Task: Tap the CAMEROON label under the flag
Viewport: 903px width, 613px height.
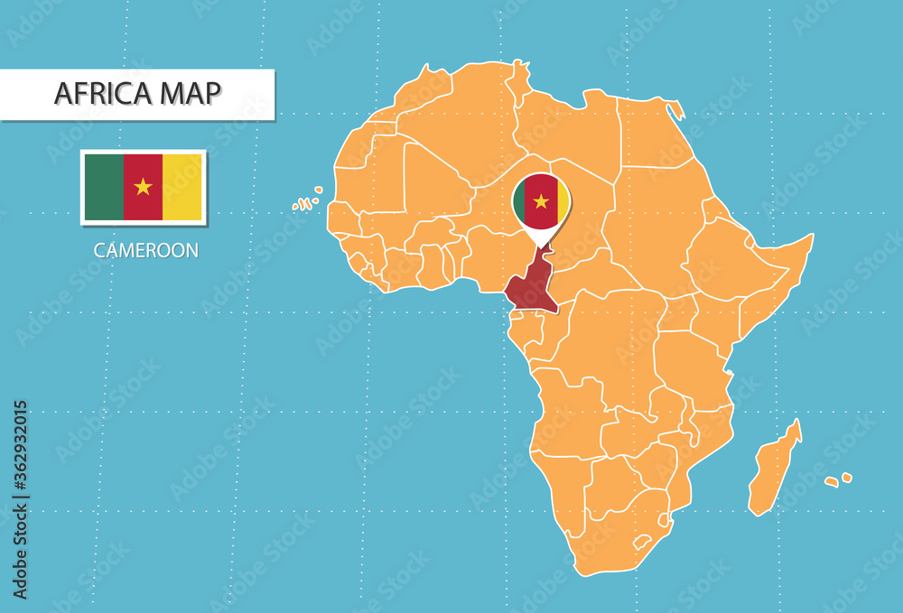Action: point(145,251)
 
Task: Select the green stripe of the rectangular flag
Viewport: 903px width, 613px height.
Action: point(103,187)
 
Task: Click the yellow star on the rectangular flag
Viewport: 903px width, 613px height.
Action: point(143,187)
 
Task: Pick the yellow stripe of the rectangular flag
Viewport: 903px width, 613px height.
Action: point(182,187)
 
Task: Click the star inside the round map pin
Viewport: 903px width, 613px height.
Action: point(541,200)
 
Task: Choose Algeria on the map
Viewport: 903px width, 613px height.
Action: point(451,135)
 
